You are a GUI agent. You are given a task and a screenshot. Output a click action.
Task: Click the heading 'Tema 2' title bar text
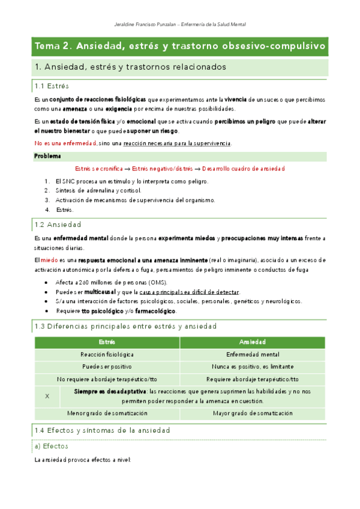click(x=180, y=46)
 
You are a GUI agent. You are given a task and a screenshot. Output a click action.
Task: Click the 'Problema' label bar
click(x=47, y=156)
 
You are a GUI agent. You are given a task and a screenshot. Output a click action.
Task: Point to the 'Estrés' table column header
click(x=107, y=342)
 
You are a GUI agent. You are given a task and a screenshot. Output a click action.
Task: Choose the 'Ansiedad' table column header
click(x=252, y=342)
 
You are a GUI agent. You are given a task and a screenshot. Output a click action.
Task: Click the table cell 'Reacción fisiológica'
click(x=107, y=354)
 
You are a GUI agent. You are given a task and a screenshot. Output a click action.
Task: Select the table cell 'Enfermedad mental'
click(x=252, y=354)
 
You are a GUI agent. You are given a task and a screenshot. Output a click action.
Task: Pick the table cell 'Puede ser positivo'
click(x=107, y=366)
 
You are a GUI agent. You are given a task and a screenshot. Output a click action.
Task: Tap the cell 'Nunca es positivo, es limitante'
click(x=252, y=366)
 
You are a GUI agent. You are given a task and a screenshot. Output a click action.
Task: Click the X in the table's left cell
click(x=47, y=396)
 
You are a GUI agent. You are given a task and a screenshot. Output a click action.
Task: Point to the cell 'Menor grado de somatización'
click(x=107, y=413)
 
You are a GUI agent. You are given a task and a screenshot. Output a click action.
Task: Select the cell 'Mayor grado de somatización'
click(x=252, y=413)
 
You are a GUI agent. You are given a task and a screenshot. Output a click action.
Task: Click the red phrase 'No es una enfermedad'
click(x=65, y=143)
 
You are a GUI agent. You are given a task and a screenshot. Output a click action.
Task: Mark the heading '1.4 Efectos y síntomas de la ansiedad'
click(x=102, y=430)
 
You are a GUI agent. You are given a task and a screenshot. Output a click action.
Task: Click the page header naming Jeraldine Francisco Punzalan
click(x=179, y=24)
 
